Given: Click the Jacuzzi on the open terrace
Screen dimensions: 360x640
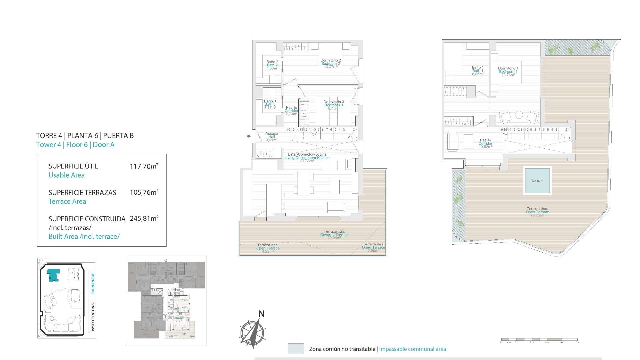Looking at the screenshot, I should [537, 180].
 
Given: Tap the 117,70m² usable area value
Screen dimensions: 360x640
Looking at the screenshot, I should [144, 166].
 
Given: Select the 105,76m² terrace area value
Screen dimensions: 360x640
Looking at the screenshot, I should [144, 192].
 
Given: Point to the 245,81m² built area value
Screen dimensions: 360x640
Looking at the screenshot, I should [144, 219].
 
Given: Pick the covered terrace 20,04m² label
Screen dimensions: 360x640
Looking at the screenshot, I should [334, 235].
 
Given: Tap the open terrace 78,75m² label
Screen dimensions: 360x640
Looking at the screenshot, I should [537, 212].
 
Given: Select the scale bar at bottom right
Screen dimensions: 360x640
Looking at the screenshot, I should [539, 340].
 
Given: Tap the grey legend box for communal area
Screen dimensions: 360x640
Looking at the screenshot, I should [296, 349].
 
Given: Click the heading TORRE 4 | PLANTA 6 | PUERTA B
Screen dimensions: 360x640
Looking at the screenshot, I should [85, 136].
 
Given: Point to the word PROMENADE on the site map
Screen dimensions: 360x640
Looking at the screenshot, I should [93, 283].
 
